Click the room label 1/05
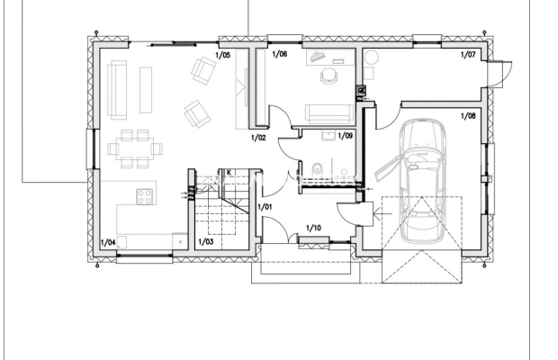pos(223,55)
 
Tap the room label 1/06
pos(280,54)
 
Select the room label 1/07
pos(468,54)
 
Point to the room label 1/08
pos(468,116)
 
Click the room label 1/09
pos(346,136)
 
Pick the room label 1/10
pos(313,228)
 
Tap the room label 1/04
pos(108,243)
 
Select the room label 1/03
pos(206,242)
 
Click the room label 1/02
pos(258,138)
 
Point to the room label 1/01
pos(265,207)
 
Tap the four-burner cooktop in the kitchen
pos(145,197)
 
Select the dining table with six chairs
pos(135,148)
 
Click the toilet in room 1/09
pos(317,170)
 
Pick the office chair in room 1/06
pos(328,76)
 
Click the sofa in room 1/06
pos(329,113)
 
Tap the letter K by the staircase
pos(229,173)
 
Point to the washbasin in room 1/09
pos(328,136)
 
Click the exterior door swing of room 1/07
pos(499,75)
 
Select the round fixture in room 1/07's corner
pos(371,57)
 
